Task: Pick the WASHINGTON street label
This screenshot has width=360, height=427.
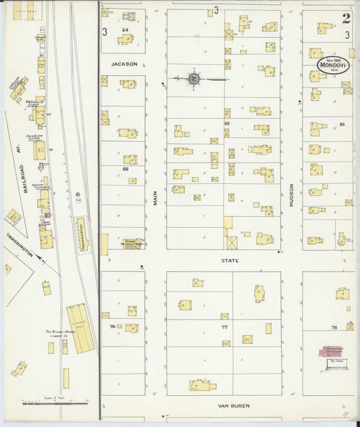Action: [x=20, y=246]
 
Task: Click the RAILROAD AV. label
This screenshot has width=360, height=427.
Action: [x=28, y=174]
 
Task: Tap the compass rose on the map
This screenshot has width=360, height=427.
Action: [x=194, y=79]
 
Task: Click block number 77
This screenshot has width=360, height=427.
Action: [x=224, y=326]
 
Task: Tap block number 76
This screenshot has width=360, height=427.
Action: [x=112, y=326]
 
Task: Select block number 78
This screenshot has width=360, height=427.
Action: [x=334, y=327]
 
